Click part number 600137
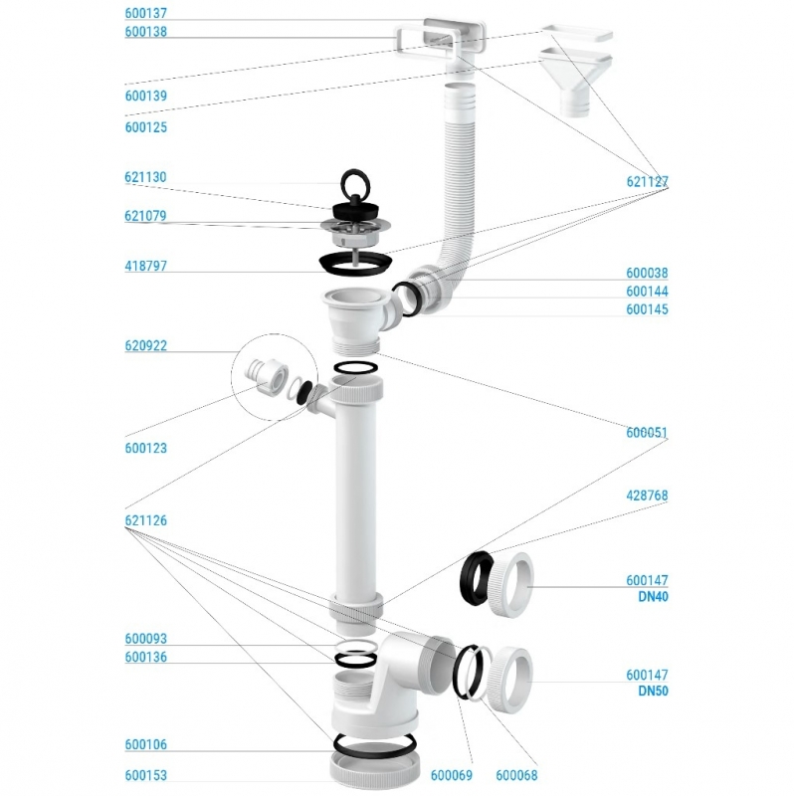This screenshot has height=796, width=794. [146, 14]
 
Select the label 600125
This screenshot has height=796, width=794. [146, 127]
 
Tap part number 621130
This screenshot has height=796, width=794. [146, 177]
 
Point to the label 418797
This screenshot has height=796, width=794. [146, 267]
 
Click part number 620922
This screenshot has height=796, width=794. [146, 346]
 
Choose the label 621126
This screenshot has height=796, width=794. [146, 519]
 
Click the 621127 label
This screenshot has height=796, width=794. [647, 182]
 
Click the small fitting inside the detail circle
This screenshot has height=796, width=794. [266, 376]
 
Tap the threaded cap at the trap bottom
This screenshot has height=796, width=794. [369, 770]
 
